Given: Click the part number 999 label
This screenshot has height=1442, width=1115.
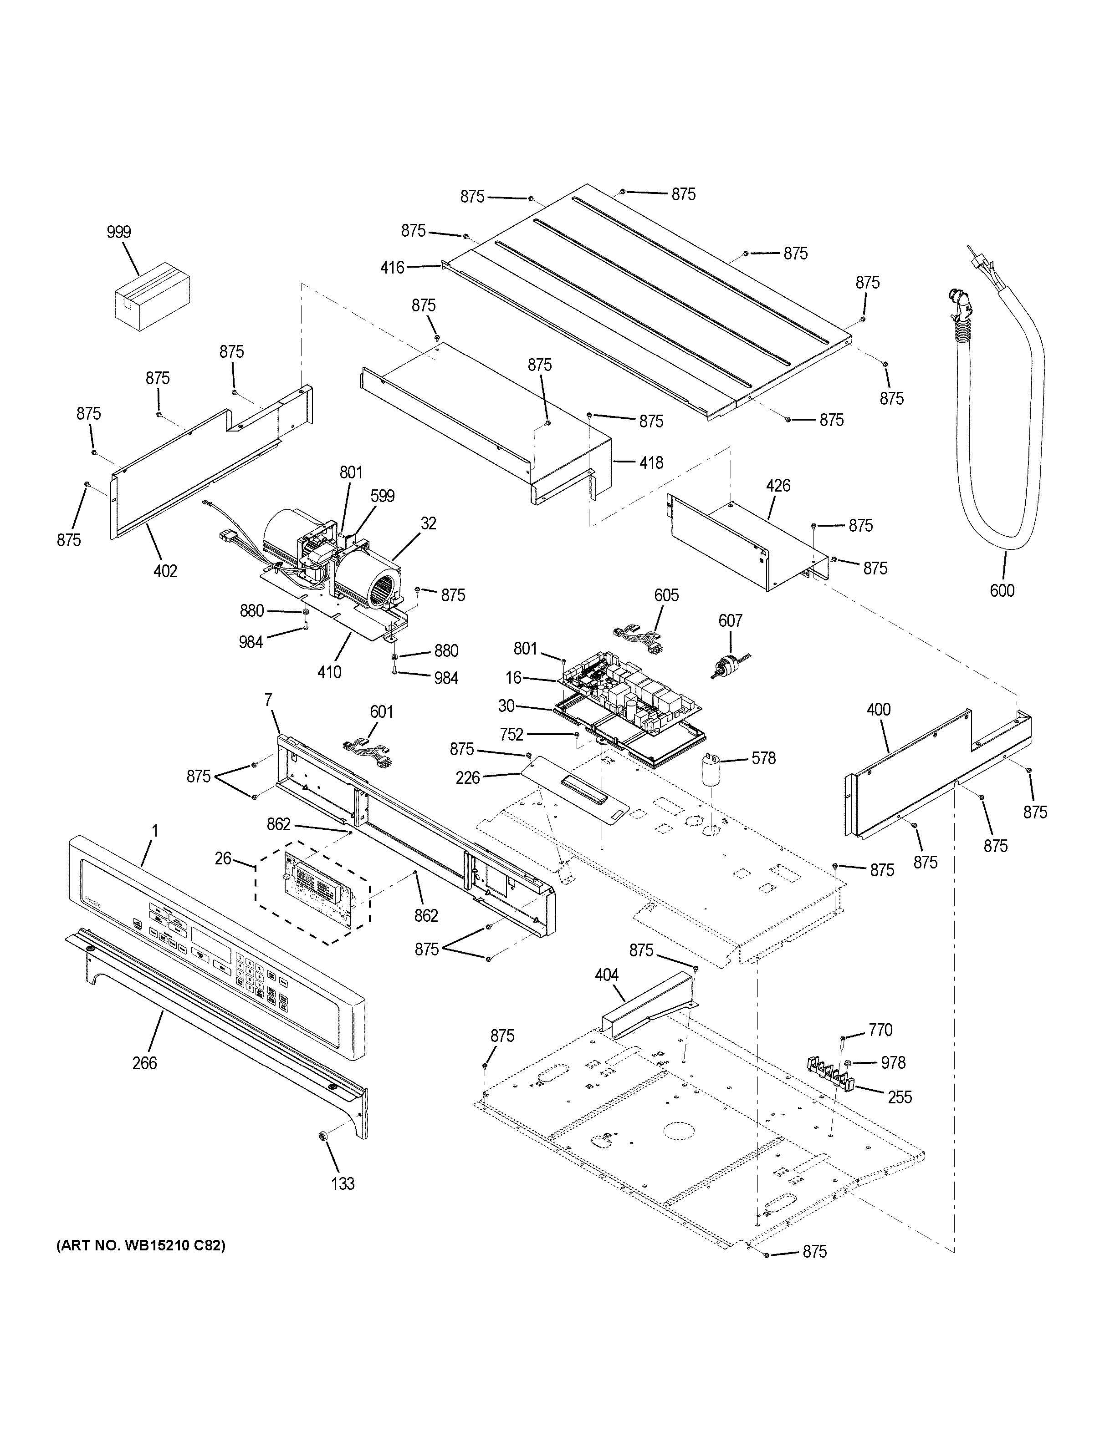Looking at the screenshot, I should (x=119, y=232).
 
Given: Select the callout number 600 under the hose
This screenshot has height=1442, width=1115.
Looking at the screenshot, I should (x=1002, y=590).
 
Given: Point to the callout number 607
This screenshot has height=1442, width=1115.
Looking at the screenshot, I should (x=730, y=621).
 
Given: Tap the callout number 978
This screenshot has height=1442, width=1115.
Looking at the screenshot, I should (x=893, y=1062).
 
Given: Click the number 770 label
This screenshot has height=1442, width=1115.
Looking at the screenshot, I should (x=880, y=1030).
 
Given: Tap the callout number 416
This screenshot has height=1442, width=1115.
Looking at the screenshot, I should (x=392, y=267).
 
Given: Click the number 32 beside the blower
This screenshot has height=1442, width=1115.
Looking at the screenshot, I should (x=428, y=523).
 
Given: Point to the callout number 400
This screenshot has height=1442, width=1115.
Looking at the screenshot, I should (x=879, y=710).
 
